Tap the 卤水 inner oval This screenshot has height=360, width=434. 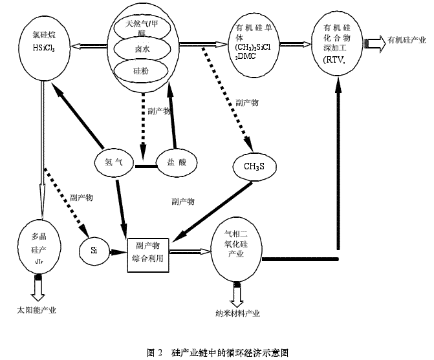coord(142,49)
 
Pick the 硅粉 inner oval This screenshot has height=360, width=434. coord(141,70)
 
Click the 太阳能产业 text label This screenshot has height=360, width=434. coord(37,310)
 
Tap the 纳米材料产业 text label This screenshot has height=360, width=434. coord(237,313)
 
